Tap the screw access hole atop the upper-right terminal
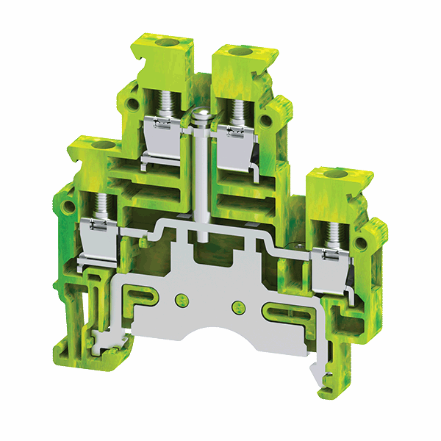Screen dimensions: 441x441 [238, 51]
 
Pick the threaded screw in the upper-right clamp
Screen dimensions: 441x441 [237, 110]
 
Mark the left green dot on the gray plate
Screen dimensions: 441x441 [181, 299]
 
